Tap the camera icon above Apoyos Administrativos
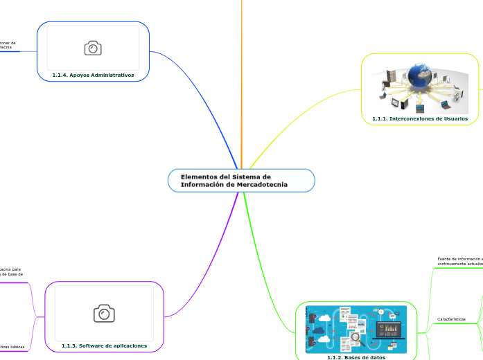coord(93,48)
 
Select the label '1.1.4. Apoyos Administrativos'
coord(93,74)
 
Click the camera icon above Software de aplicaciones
coord(104,313)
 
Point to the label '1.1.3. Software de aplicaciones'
coord(104,345)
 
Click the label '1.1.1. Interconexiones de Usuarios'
coord(419,118)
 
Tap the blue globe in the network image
coord(421,77)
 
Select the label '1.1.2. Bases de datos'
coord(355,357)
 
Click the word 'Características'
coord(451,319)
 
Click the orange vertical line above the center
coord(242,69)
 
